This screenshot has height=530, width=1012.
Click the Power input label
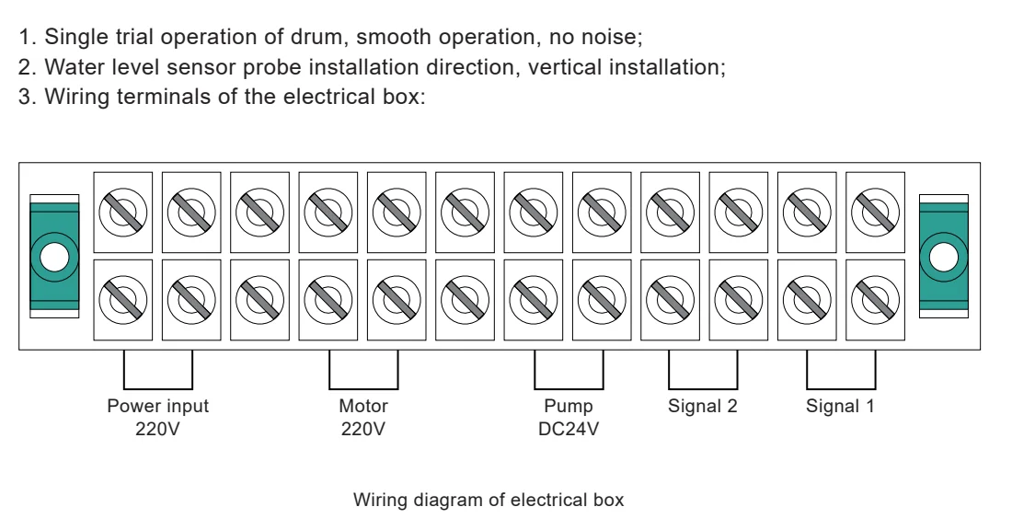158,406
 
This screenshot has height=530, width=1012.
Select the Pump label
569,406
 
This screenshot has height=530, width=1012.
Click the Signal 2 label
703,406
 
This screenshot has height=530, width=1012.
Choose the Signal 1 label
841,406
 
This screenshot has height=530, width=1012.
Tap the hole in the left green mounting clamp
54,255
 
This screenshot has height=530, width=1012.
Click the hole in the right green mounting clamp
944,255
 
